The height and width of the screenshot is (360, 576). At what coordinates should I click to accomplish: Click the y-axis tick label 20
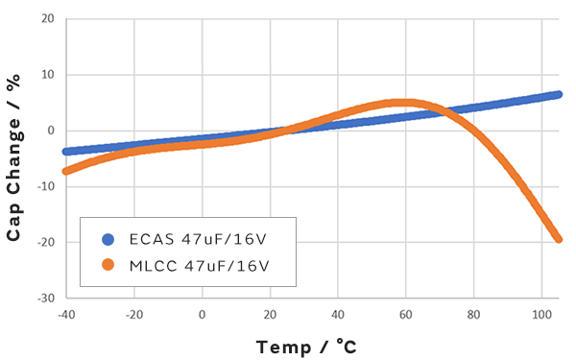click(x=48, y=18)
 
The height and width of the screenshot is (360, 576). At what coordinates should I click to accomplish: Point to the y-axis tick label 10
click(x=48, y=74)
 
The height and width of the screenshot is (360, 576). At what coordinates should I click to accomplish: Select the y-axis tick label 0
click(x=51, y=131)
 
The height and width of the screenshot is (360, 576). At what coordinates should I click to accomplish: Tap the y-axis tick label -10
click(x=46, y=186)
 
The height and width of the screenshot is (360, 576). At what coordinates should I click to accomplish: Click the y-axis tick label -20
click(x=46, y=242)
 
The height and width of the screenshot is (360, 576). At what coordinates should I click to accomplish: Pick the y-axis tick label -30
click(x=46, y=298)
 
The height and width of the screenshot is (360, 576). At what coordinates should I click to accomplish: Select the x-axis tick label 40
click(x=338, y=314)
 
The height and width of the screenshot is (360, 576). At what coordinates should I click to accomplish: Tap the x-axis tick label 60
click(x=406, y=314)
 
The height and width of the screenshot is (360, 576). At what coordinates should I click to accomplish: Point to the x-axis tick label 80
click(x=474, y=314)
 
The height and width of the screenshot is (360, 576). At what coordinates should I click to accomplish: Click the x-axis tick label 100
click(x=541, y=314)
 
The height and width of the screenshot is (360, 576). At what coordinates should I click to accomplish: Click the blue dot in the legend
click(x=107, y=239)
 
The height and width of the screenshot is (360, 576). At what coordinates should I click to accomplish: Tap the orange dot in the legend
click(x=107, y=264)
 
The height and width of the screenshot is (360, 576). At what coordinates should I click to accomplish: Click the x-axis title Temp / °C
click(x=307, y=346)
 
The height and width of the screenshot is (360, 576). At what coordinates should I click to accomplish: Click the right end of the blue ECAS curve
click(x=559, y=94)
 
